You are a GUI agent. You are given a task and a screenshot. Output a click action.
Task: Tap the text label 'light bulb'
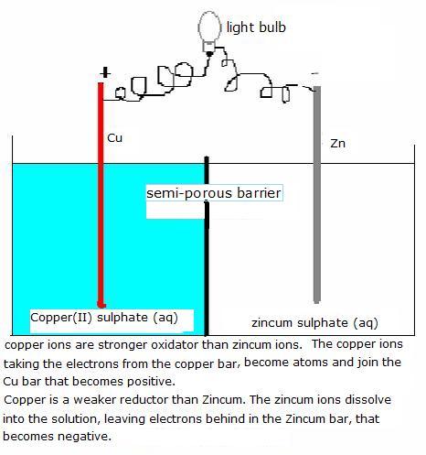click(256, 27)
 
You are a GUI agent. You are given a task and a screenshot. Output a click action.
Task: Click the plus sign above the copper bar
click(105, 73)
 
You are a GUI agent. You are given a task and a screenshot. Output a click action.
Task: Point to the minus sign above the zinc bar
click(315, 73)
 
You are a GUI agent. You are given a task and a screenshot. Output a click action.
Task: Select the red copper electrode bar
click(101, 195)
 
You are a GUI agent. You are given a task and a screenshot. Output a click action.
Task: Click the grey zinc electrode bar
click(317, 195)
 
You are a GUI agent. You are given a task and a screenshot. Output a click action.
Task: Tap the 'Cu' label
click(115, 138)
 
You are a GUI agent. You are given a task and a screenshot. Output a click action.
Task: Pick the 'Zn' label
click(338, 144)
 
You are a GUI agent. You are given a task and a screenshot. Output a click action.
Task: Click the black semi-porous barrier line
click(207, 245)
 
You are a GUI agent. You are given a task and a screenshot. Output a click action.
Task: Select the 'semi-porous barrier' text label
click(214, 193)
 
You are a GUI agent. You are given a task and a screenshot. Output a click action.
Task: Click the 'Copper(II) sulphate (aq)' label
click(104, 318)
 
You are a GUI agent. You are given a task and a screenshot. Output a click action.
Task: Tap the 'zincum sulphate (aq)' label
click(314, 323)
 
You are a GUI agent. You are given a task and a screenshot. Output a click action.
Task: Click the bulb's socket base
click(209, 47)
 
